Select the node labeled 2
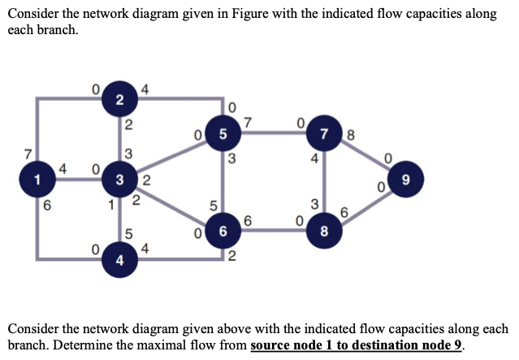point(119,100)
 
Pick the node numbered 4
point(119,261)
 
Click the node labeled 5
point(223,133)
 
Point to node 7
point(324,133)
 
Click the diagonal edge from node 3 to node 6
point(171,205)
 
